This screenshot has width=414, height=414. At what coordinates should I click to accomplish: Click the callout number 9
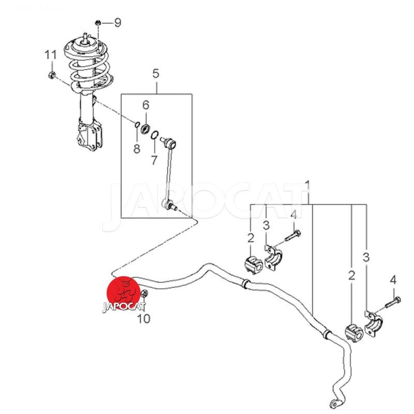click(x=117, y=23)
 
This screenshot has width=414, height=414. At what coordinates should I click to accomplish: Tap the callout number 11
click(x=50, y=55)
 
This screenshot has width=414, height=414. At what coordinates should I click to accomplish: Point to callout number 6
click(x=146, y=106)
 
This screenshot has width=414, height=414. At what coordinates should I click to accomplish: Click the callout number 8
click(x=137, y=149)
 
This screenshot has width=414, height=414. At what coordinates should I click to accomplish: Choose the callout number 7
click(x=154, y=160)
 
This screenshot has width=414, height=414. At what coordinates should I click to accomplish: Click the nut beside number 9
click(x=99, y=22)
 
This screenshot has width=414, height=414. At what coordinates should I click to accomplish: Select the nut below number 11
click(x=51, y=76)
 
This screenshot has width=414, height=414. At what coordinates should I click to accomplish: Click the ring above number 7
click(x=154, y=136)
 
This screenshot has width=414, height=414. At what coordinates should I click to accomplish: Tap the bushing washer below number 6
click(x=146, y=127)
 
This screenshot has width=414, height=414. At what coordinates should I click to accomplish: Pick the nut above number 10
click(x=145, y=296)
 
